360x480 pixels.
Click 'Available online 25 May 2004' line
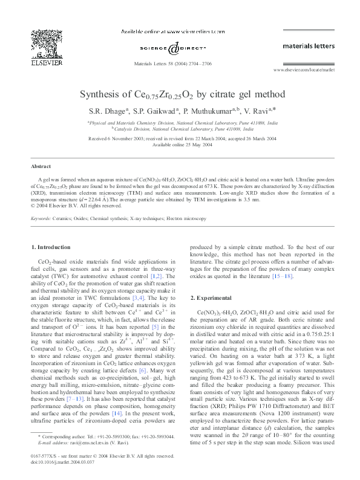(x=180, y=145)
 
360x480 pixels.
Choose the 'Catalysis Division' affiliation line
(x=182, y=129)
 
